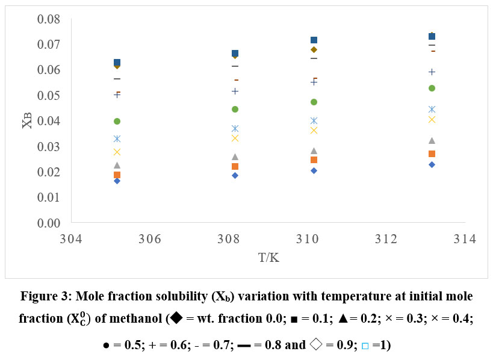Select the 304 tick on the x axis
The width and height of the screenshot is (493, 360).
71,239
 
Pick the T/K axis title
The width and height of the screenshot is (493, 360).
268,257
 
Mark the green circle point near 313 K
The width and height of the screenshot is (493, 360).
432,88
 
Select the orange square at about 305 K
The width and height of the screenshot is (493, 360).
117,175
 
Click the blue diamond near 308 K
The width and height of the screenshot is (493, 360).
235,175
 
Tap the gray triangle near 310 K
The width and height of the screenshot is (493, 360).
314,151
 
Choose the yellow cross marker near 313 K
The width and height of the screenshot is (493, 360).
432,119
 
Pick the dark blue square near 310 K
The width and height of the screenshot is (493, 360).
314,40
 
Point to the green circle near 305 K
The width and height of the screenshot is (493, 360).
117,121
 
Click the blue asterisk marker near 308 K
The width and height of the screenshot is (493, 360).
235,128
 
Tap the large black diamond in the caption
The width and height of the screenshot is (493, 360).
176,317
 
